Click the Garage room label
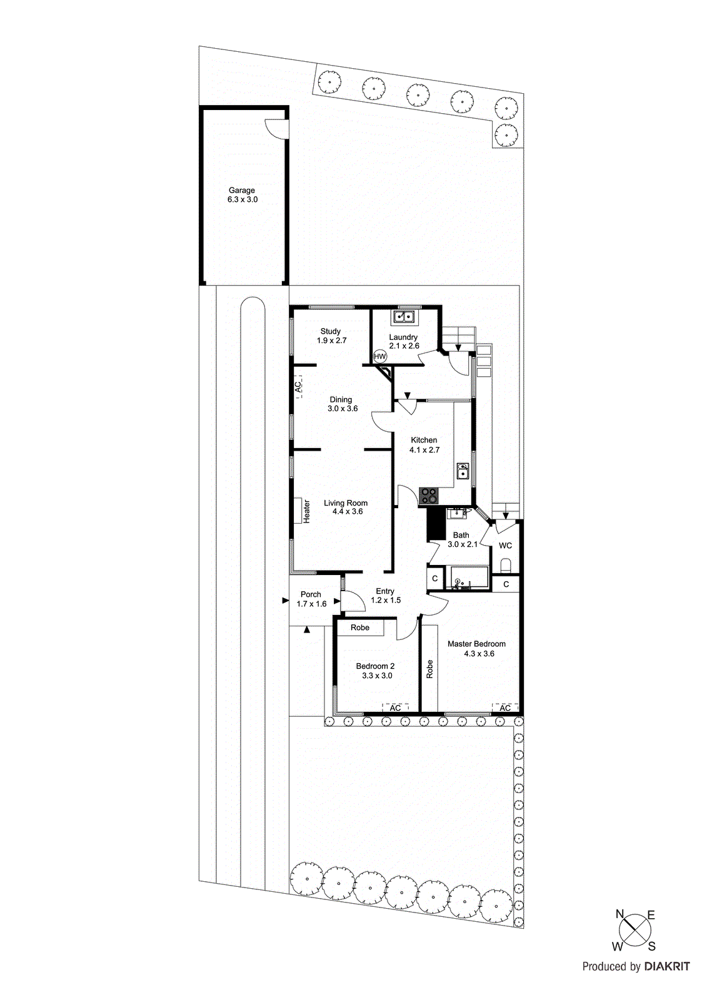pyautogui.click(x=241, y=191)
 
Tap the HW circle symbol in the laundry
pyautogui.click(x=379, y=356)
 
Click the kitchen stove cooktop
pyautogui.click(x=429, y=496)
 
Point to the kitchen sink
pyautogui.click(x=463, y=471)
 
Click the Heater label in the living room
pyautogui.click(x=306, y=511)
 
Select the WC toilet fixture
pyautogui.click(x=506, y=566)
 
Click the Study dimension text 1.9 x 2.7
pyautogui.click(x=331, y=341)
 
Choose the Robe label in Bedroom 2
pyautogui.click(x=359, y=627)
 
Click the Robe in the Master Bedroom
pyautogui.click(x=429, y=669)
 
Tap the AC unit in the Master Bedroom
pyautogui.click(x=505, y=707)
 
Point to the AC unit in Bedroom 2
pyautogui.click(x=395, y=707)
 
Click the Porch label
pyautogui.click(x=311, y=594)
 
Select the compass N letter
pyautogui.click(x=619, y=914)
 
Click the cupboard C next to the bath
pyautogui.click(x=435, y=579)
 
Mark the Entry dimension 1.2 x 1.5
pyautogui.click(x=386, y=600)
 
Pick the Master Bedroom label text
pyautogui.click(x=476, y=644)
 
